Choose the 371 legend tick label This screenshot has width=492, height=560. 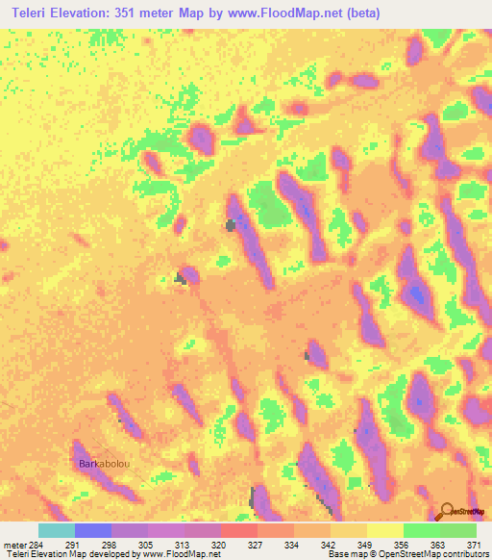[475, 545]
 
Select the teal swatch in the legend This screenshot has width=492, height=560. [57, 530]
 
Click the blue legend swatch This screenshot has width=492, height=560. [93, 530]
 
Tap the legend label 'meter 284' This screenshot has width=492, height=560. [21, 545]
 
